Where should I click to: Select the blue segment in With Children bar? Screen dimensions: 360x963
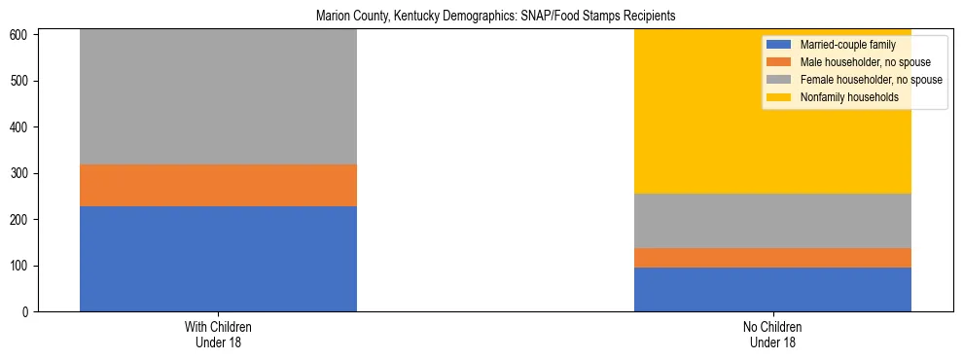218,259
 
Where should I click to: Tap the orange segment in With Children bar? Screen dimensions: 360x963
218,185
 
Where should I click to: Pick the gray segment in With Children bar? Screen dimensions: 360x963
218,97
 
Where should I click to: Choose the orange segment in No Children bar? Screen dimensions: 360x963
772,258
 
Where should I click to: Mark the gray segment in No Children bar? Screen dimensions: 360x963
772,221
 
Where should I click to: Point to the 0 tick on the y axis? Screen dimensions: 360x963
27,312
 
